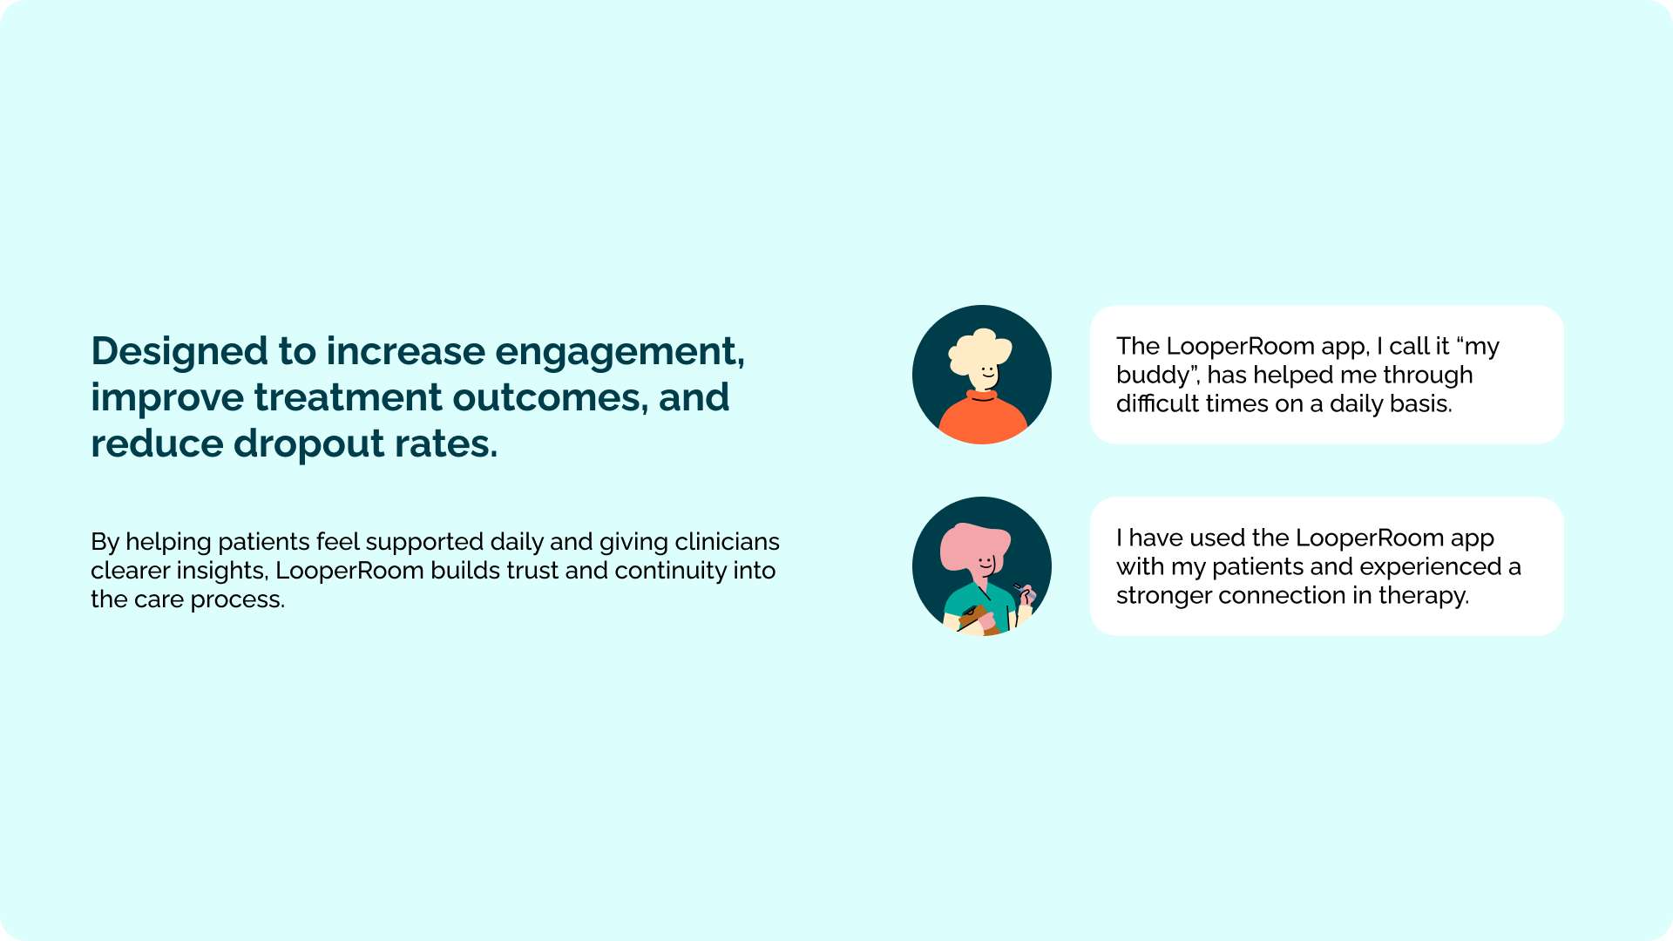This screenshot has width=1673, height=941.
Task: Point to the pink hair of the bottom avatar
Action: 972,545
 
